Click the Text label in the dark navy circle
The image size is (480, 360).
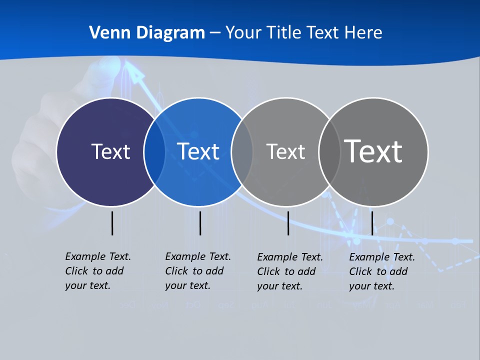tap(110, 151)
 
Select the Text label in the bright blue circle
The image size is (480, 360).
tap(198, 151)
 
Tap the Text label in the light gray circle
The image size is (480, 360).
tap(285, 151)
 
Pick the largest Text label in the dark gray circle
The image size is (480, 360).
tap(373, 151)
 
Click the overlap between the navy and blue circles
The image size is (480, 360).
tap(154, 151)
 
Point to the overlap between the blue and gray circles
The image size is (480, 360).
tap(242, 151)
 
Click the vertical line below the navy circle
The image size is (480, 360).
tap(112, 223)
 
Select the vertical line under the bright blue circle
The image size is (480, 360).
tap(200, 223)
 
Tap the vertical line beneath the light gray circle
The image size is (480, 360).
tap(288, 223)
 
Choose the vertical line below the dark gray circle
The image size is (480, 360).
tap(372, 223)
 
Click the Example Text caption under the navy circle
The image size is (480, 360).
tap(97, 271)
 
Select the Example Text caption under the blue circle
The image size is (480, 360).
tap(197, 271)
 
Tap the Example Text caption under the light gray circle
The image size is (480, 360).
tap(289, 271)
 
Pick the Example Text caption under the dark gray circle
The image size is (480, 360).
tap(381, 271)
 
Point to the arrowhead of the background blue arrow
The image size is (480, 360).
tap(135, 74)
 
